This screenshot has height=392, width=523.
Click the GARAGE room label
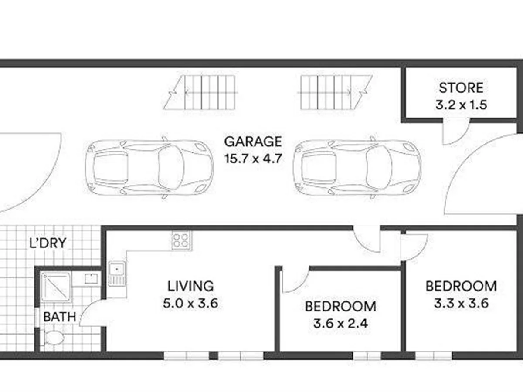point(253,142)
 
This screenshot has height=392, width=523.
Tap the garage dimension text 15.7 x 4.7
point(253,158)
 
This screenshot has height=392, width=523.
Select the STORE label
point(461,88)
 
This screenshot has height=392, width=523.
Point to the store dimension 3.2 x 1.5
point(461,105)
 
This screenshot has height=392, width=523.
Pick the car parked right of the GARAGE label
point(357,167)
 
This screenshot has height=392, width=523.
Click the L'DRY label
point(48,243)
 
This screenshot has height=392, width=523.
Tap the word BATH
point(59,317)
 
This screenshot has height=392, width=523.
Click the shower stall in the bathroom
point(56,287)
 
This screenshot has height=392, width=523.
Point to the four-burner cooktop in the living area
point(181,240)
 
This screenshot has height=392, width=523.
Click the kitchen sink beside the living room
point(116,274)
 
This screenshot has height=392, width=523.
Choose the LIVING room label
point(191,286)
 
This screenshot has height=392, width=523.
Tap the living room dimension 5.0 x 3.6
point(190,303)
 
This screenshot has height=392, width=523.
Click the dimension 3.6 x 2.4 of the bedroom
point(340,324)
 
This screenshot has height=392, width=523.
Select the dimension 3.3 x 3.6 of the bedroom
point(461,303)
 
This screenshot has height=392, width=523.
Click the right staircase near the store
point(335,93)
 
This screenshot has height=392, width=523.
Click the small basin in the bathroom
point(91,279)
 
